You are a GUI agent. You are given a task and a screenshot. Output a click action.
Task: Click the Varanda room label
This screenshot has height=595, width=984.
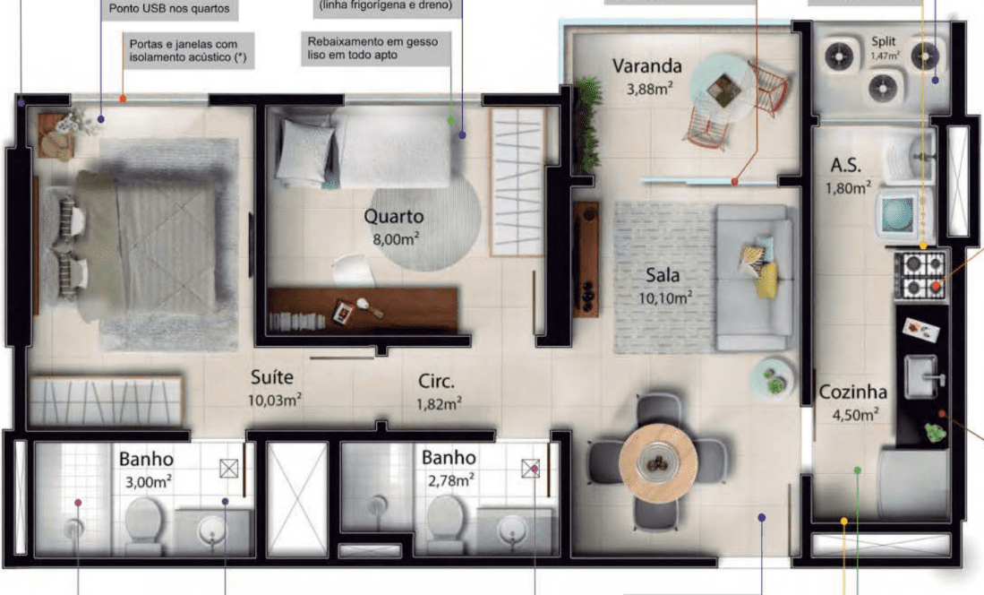click(647, 66)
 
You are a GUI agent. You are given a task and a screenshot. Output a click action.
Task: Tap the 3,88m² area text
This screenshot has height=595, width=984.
click(649, 89)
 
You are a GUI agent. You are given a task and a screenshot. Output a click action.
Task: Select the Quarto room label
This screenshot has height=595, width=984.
click(393, 217)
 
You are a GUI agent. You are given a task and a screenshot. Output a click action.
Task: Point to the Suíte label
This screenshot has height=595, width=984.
click(271, 377)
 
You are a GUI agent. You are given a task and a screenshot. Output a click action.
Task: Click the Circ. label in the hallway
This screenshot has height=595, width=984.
click(436, 382)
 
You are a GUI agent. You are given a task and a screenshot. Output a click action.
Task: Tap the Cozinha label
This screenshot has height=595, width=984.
click(853, 392)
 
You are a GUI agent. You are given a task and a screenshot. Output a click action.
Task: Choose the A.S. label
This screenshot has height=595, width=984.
click(845, 165)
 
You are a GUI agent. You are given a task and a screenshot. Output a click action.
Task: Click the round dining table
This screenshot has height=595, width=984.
click(658, 462)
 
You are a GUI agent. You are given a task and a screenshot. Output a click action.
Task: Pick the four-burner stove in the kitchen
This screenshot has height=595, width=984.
click(920, 275)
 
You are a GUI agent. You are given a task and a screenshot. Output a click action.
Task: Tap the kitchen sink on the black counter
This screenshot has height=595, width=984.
click(922, 376)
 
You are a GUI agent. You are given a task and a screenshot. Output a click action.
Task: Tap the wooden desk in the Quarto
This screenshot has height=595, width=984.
click(363, 310)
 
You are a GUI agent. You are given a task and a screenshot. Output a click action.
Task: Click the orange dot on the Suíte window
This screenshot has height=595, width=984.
click(123, 99)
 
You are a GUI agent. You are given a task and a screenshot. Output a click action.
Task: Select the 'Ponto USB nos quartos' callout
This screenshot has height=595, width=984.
click(169, 9)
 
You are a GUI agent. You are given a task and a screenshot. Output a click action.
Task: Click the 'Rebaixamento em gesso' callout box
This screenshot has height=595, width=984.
click(375, 48)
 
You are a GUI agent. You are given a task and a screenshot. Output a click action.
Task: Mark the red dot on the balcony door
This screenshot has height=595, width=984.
click(734, 182)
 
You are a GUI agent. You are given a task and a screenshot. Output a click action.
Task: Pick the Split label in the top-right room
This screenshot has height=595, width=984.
click(884, 41)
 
